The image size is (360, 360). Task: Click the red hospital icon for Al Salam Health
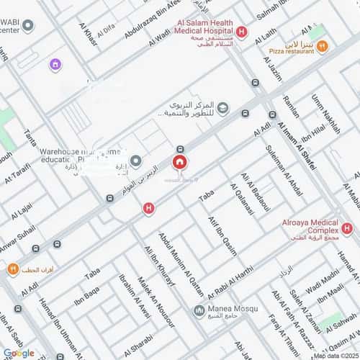[x=241, y=31]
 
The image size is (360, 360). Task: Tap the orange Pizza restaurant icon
[x=322, y=46]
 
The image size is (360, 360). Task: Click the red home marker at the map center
[x=179, y=162]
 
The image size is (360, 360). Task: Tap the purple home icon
[x=55, y=65]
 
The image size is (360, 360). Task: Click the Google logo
[x=18, y=352]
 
